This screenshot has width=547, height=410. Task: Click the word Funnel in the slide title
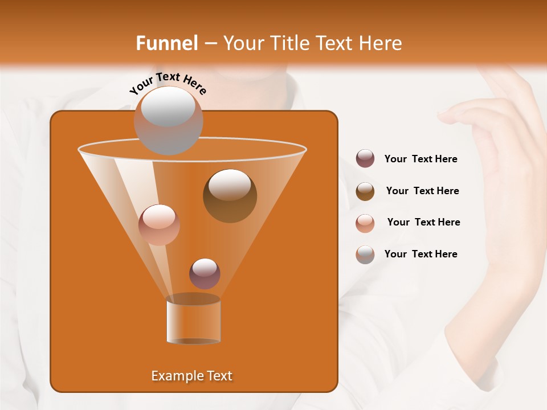167,43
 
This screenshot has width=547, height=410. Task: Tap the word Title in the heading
288,43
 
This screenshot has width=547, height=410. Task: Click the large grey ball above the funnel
168,120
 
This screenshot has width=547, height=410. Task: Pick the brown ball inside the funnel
230,196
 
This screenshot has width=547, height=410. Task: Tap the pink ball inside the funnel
159,225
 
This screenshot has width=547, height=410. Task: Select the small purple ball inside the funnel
205,273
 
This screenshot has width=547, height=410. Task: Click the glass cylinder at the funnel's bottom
193,322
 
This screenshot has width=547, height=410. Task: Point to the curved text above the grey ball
168,84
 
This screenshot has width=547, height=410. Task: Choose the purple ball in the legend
365,159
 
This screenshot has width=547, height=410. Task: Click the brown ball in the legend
365,191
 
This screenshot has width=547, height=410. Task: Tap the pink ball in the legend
365,223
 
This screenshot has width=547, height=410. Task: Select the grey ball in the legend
365,255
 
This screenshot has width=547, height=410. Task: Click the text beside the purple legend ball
421,159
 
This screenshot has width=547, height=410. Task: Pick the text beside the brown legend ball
422,191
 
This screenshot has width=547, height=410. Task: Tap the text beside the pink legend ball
423,222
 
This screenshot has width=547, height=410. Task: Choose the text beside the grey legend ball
421,254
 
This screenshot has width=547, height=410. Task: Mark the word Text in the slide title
330,43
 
